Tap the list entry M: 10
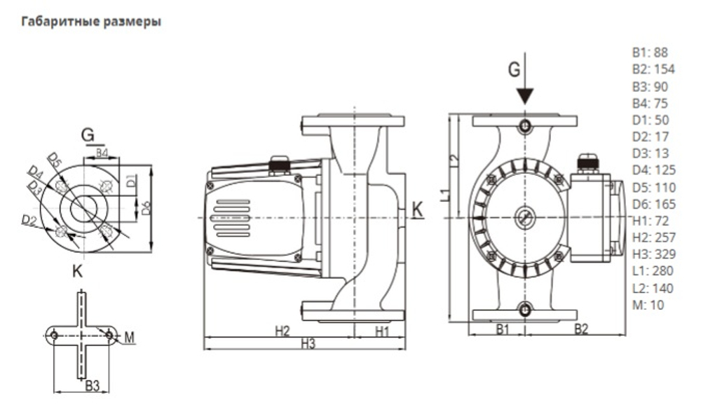click(x=647, y=305)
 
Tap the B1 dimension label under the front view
click(x=502, y=329)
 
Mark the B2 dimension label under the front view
click(x=581, y=329)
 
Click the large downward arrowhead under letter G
click(x=525, y=95)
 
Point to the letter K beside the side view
click(x=418, y=208)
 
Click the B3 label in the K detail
click(x=92, y=385)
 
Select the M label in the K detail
click(x=129, y=338)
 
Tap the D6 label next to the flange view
click(x=145, y=207)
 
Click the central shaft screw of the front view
click(x=524, y=217)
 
